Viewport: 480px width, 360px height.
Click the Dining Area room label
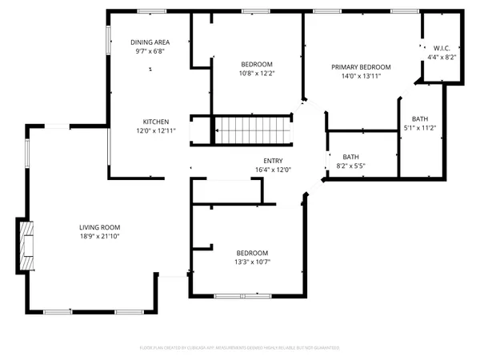(x=150, y=42)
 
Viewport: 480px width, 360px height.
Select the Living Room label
(x=100, y=227)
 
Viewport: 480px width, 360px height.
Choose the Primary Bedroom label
(x=361, y=67)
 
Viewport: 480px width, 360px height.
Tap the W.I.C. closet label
(x=442, y=48)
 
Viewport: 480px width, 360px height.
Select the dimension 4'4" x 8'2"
(x=442, y=58)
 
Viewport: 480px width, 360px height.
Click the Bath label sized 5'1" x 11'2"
(x=419, y=118)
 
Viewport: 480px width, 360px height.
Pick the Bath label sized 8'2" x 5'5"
(x=350, y=157)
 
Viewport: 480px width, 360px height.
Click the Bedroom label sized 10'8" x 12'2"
(x=257, y=64)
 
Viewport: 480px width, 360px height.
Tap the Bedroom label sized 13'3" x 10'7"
(x=252, y=253)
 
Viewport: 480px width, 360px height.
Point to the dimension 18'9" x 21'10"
(x=100, y=238)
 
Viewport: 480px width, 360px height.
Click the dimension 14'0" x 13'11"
(x=361, y=77)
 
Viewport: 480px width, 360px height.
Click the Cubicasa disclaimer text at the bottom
(x=240, y=348)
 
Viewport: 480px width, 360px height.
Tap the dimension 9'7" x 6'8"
(x=150, y=51)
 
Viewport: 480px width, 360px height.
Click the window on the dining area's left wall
(x=109, y=38)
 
